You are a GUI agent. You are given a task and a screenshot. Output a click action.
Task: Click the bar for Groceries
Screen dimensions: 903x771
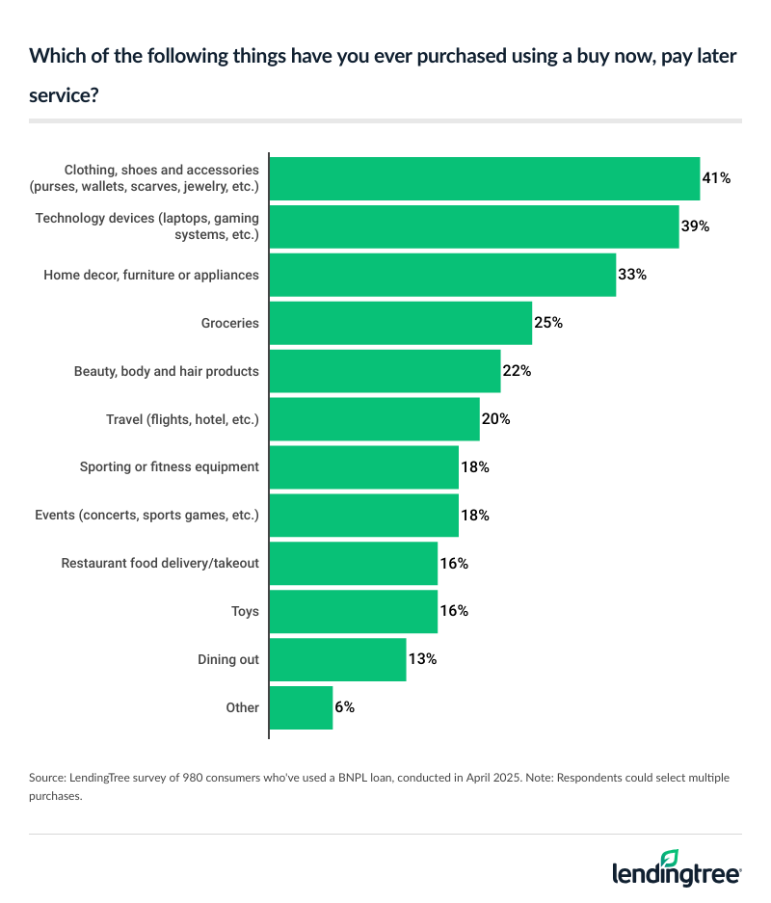click(400, 323)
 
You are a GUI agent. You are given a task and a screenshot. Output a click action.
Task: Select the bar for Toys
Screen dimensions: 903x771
click(353, 611)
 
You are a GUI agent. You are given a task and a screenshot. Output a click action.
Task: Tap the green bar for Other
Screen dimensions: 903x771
click(301, 707)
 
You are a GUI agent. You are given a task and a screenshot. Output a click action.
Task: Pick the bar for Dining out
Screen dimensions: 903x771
click(337, 659)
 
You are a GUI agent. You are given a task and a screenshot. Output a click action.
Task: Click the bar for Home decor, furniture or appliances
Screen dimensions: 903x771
click(442, 275)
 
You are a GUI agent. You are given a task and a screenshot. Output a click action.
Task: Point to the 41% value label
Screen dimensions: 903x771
click(717, 178)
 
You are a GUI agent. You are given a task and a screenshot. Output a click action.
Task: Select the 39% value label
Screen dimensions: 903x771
click(696, 226)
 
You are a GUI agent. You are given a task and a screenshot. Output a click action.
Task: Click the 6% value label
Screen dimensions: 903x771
click(345, 707)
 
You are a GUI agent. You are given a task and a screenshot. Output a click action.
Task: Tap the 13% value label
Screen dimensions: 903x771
click(422, 659)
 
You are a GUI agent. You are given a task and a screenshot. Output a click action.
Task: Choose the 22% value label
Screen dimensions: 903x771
click(517, 371)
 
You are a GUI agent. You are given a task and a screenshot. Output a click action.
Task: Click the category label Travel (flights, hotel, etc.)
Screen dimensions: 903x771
click(182, 419)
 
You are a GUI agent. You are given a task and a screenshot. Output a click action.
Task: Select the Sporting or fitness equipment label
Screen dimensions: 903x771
click(170, 466)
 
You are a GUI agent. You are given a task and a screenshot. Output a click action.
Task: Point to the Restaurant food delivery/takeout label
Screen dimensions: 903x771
click(160, 563)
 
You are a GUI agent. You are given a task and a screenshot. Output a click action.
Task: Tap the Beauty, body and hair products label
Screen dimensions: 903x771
click(167, 371)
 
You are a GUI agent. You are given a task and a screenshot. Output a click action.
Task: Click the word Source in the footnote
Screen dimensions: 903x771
click(47, 776)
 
